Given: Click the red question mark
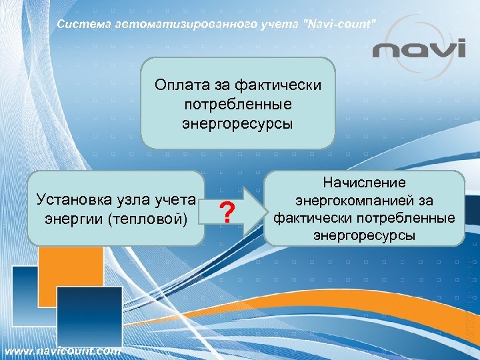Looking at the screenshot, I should tap(228, 213).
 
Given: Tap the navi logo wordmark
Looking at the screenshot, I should tap(419, 50).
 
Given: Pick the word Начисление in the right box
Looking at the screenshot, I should tap(365, 183).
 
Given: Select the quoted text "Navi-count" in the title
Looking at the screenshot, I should tap(340, 24).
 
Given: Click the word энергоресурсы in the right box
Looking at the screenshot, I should tap(364, 235).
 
